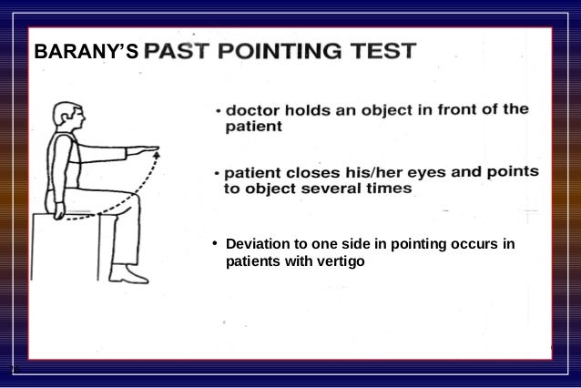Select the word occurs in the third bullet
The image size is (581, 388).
click(x=471, y=245)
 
